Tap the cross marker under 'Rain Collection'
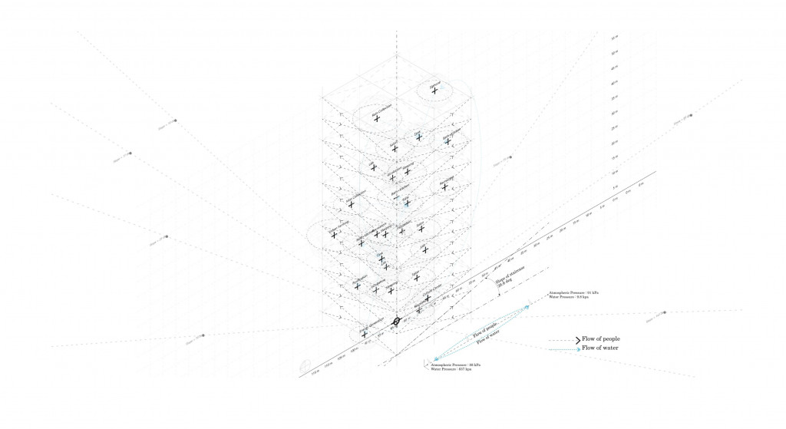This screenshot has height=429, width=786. click(x=377, y=119)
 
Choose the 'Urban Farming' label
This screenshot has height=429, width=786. click(x=339, y=226)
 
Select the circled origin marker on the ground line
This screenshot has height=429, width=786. click(x=397, y=321)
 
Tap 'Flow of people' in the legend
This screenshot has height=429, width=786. click(x=601, y=338)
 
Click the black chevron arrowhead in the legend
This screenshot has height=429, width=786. click(x=578, y=338)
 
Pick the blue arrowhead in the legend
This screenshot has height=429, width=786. click(x=578, y=348)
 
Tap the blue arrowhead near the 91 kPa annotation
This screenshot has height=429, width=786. click(x=527, y=305)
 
